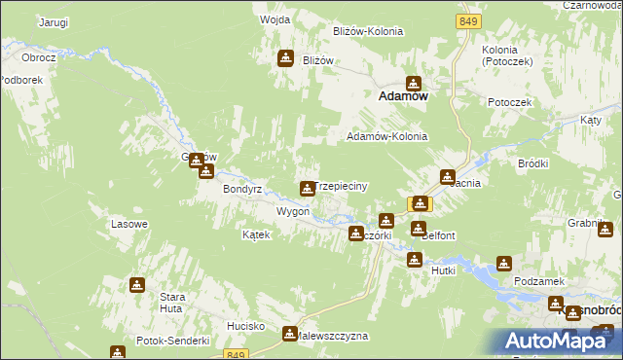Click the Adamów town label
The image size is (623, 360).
point(404,97)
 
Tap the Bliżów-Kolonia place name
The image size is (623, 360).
point(367,31)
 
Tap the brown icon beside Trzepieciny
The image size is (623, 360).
point(307,187)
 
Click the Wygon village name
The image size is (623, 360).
point(293,211)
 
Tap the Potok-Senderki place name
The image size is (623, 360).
point(174,341)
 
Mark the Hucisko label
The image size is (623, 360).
point(247,325)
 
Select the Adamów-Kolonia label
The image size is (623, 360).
point(386,136)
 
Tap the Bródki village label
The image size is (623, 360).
point(534,163)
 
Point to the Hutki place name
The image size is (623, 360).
point(444,270)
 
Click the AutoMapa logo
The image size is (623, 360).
point(557,340)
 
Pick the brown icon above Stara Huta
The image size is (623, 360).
point(137,284)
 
